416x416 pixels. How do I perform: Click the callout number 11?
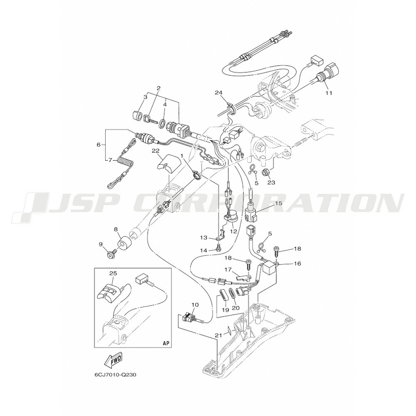coord(329,93)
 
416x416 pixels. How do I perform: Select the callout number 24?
coord(218,92)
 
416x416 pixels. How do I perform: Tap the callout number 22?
coord(155,150)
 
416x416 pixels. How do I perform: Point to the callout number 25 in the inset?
coord(113,272)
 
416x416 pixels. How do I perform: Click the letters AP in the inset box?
coord(166,342)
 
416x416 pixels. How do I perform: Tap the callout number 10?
coord(195,305)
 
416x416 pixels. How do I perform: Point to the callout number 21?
coord(218,335)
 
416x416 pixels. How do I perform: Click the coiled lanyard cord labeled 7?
coord(119,164)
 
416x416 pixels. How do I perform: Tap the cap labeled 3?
coord(137,116)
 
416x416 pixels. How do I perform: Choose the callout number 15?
coord(271,203)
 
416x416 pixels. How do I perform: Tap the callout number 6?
coord(99,145)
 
